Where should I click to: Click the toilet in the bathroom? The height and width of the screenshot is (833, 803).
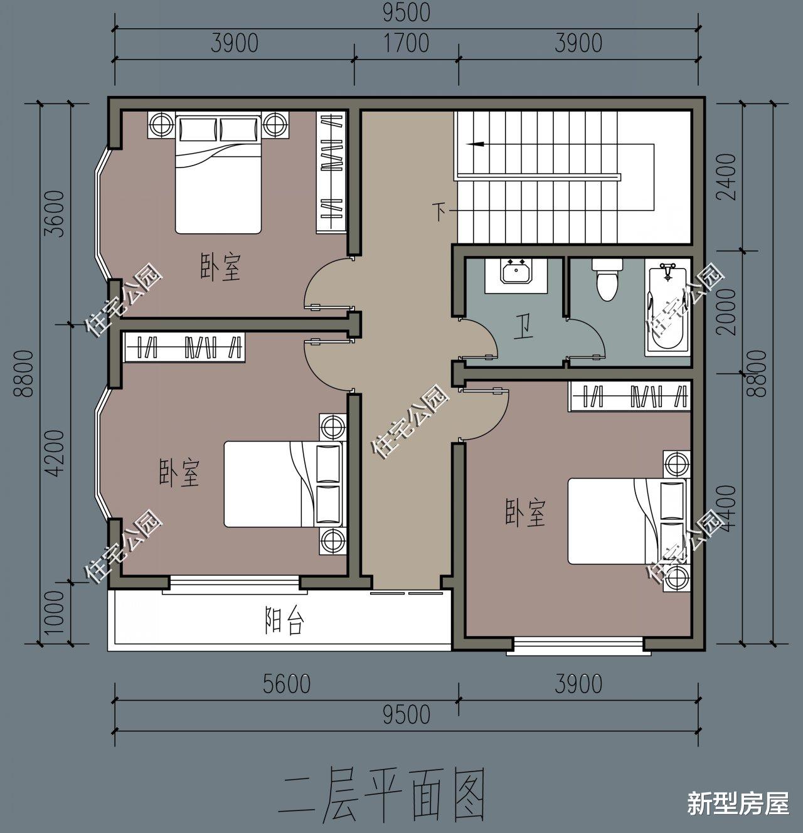(607, 280)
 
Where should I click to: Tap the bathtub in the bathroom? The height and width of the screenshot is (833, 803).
(668, 310)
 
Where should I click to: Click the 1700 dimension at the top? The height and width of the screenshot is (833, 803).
(406, 43)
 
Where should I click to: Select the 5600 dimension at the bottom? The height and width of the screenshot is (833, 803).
(285, 684)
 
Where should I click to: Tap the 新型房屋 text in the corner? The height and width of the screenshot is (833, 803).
(738, 804)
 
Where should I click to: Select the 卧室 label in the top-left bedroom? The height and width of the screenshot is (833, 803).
(220, 267)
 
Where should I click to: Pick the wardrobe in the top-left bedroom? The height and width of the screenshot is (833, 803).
(331, 172)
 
